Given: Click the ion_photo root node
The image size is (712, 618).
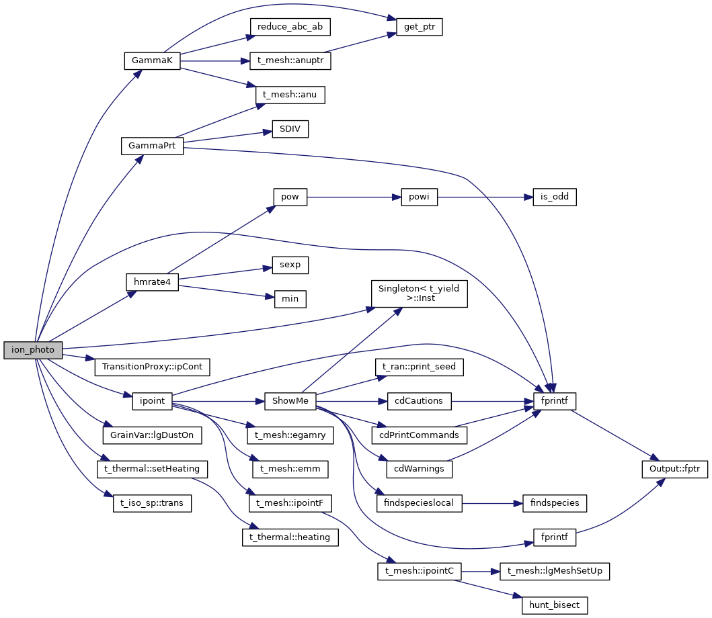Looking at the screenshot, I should pyautogui.click(x=33, y=349).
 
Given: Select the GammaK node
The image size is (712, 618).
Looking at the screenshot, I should pyautogui.click(x=152, y=60).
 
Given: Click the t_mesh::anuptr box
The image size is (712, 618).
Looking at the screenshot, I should pyautogui.click(x=290, y=60).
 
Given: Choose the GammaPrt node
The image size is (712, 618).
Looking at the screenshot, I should pyautogui.click(x=152, y=146).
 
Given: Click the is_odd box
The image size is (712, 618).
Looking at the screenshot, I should pyautogui.click(x=555, y=197).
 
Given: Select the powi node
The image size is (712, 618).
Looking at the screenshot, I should pyautogui.click(x=419, y=197).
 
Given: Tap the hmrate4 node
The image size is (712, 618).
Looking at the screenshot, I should pyautogui.click(x=152, y=282).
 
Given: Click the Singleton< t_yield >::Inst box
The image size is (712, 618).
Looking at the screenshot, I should pyautogui.click(x=419, y=293).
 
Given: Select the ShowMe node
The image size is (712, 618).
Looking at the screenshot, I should pyautogui.click(x=290, y=401).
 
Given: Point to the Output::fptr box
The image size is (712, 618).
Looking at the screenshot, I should pyautogui.click(x=674, y=469).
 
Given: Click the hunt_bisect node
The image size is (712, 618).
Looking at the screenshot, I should pyautogui.click(x=555, y=605).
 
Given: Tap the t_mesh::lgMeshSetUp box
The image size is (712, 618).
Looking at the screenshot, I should pyautogui.click(x=555, y=571).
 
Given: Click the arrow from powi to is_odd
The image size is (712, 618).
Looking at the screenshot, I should pyautogui.click(x=485, y=197).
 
